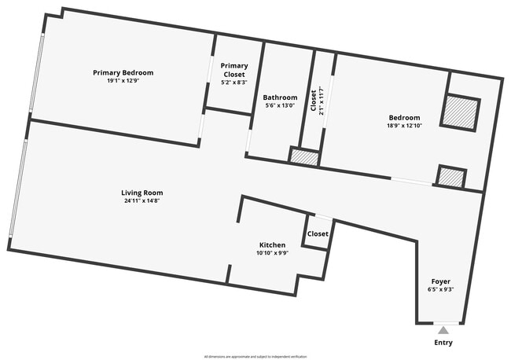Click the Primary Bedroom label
tap(123, 72)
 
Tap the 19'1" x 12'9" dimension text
tap(123, 81)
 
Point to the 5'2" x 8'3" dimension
tap(234, 82)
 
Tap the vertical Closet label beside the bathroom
tap(314, 101)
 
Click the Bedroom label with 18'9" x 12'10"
tap(403, 117)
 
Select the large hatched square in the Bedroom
tap(460, 112)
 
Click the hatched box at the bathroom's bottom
tap(304, 157)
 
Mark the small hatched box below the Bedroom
tap(450, 178)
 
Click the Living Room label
tap(142, 193)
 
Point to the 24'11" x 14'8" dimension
tap(142, 201)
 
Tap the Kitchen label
tap(272, 244)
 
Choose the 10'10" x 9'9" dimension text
tap(272, 253)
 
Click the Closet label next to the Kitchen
tap(318, 234)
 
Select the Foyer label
tap(440, 281)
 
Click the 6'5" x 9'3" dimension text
tap(440, 289)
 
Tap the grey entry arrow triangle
tap(443, 330)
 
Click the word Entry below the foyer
tap(443, 343)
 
